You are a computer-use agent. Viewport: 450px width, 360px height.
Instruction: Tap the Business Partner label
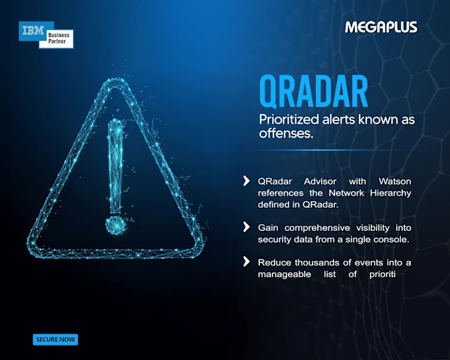click(58, 38)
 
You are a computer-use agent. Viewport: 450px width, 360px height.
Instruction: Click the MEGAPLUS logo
click(381, 27)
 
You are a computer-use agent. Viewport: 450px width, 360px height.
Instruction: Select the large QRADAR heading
click(314, 91)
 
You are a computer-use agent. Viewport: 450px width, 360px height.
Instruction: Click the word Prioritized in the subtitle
click(289, 119)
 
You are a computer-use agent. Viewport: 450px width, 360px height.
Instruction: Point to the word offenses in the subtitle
click(286, 134)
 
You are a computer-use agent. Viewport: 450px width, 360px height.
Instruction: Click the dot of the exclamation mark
click(115, 225)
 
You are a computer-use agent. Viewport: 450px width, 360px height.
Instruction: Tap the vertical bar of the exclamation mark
click(115, 167)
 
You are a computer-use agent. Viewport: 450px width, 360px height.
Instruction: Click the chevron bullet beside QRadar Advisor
click(246, 181)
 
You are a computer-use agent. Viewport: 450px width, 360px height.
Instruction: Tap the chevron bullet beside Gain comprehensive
click(246, 227)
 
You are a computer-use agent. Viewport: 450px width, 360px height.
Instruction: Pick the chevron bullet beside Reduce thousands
click(246, 261)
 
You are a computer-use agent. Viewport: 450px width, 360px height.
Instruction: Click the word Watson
click(395, 181)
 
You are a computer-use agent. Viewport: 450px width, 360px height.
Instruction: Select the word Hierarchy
click(390, 193)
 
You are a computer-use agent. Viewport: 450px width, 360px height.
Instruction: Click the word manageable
click(285, 275)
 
